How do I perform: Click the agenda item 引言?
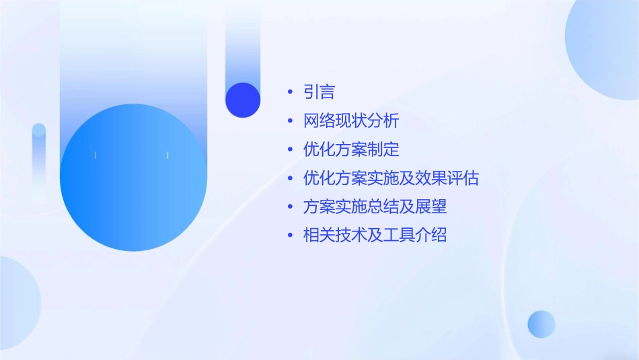(319, 92)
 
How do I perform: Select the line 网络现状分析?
(351, 121)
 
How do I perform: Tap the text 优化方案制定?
(351, 149)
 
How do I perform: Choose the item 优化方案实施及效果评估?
(391, 178)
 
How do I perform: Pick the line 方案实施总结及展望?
(375, 207)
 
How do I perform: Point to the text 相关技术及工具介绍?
(375, 236)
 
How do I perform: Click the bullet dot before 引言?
(290, 93)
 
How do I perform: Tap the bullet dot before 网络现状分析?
(290, 121)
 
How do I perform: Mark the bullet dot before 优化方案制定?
(290, 150)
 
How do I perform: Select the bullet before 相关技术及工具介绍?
(290, 236)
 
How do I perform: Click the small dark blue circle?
(243, 100)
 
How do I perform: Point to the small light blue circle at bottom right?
(541, 324)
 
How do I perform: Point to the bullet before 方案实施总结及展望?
(290, 207)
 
